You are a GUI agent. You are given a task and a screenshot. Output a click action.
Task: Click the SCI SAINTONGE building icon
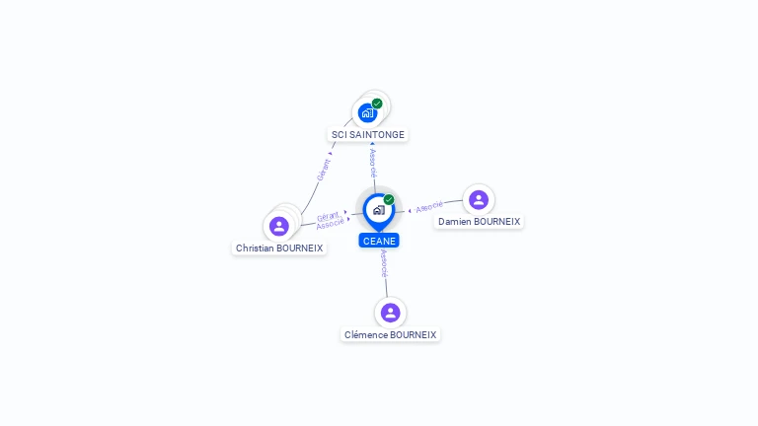click(367, 112)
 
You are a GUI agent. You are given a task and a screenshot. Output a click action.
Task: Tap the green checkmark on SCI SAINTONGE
click(377, 104)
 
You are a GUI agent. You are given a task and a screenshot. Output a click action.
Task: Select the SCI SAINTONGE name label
click(368, 134)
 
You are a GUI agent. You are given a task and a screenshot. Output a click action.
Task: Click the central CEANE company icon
click(378, 209)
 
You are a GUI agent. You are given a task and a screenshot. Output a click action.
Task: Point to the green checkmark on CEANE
click(389, 200)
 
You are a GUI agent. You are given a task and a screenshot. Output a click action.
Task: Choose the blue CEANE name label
click(379, 241)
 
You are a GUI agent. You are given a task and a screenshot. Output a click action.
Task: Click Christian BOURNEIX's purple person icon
click(279, 226)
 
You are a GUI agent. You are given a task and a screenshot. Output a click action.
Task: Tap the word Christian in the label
click(255, 248)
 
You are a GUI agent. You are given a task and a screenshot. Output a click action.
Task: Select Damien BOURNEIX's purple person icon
click(479, 199)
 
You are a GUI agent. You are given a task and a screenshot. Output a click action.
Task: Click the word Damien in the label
click(455, 222)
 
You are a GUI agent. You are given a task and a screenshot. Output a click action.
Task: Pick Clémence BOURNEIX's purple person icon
click(391, 313)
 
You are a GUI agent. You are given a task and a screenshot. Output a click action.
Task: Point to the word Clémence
click(365, 335)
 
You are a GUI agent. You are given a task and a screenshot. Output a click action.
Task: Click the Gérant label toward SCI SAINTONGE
click(324, 169)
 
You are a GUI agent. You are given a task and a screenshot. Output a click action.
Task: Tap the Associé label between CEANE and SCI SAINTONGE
click(372, 163)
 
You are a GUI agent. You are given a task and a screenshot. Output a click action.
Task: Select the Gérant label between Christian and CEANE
click(328, 216)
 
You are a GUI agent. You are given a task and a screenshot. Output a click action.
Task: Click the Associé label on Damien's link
click(429, 207)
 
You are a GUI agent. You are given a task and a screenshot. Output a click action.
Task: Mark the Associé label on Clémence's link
click(384, 263)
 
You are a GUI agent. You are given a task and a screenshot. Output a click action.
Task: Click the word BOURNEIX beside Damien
click(496, 222)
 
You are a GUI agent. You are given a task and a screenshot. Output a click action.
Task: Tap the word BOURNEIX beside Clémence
click(413, 335)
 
